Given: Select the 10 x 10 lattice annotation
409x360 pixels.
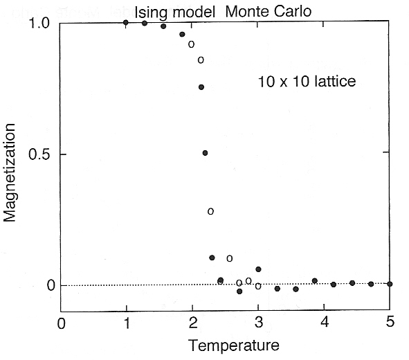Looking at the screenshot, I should (306, 82).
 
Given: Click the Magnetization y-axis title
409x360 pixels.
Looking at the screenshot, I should (10, 171).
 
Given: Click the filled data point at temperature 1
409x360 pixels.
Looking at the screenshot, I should (126, 22).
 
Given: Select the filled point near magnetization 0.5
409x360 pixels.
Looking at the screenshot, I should (205, 152).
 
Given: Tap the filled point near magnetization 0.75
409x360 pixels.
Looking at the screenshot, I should (201, 87).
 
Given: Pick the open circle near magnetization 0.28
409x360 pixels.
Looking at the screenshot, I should (210, 210).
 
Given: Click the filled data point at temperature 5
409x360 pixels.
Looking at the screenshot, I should (390, 284).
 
